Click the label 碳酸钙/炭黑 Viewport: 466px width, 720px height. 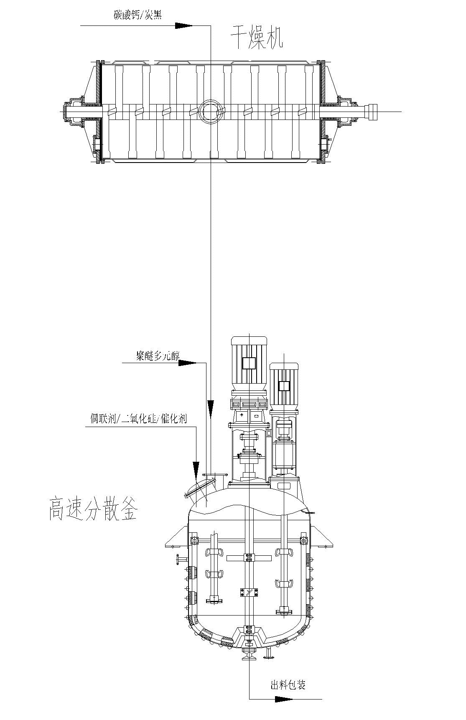tap(138, 15)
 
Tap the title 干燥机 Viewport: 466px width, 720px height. tap(257, 39)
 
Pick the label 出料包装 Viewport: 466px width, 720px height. tap(288, 685)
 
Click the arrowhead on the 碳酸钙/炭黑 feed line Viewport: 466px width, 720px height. tap(183, 25)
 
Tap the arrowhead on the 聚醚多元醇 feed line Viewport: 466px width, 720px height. tap(187, 363)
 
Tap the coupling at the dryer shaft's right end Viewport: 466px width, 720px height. tap(370, 112)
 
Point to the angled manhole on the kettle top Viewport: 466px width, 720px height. tap(200, 487)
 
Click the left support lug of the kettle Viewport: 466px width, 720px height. tap(176, 539)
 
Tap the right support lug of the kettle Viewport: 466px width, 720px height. tap(323, 539)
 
